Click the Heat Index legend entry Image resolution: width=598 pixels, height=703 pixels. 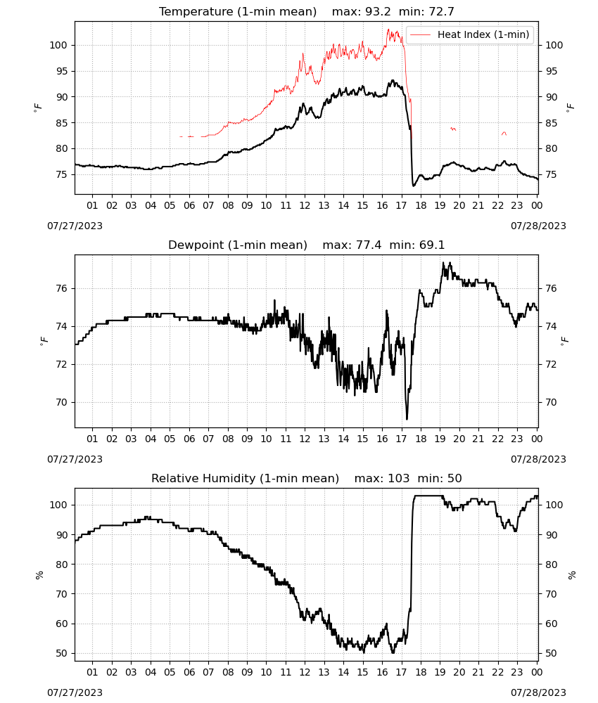[x=470, y=34]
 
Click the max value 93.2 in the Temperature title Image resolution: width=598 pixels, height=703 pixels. [x=378, y=12]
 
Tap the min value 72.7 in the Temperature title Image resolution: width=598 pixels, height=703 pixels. [x=441, y=12]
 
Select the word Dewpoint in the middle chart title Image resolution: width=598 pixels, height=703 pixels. [x=196, y=245]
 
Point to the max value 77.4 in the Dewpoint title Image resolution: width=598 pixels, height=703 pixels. [x=369, y=245]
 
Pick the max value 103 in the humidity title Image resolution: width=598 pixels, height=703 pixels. [x=399, y=478]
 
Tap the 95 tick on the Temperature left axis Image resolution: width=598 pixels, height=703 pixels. [x=61, y=71]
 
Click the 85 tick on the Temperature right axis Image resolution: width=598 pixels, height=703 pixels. [x=552, y=123]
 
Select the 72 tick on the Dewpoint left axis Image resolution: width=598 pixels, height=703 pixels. [x=61, y=364]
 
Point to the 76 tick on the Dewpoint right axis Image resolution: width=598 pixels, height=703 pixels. [x=552, y=288]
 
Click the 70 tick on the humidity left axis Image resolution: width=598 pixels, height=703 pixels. [x=61, y=594]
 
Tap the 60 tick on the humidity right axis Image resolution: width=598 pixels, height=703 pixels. [x=552, y=624]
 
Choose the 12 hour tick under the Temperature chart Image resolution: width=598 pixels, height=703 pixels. [x=305, y=205]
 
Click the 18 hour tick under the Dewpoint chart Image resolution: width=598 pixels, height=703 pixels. [x=421, y=439]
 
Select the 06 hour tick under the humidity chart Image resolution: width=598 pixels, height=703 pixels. [x=189, y=672]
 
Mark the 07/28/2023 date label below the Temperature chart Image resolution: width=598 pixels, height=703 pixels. [x=538, y=226]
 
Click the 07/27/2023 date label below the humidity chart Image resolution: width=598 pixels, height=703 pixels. [x=75, y=692]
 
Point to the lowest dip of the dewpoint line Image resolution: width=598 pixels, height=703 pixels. [x=407, y=419]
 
